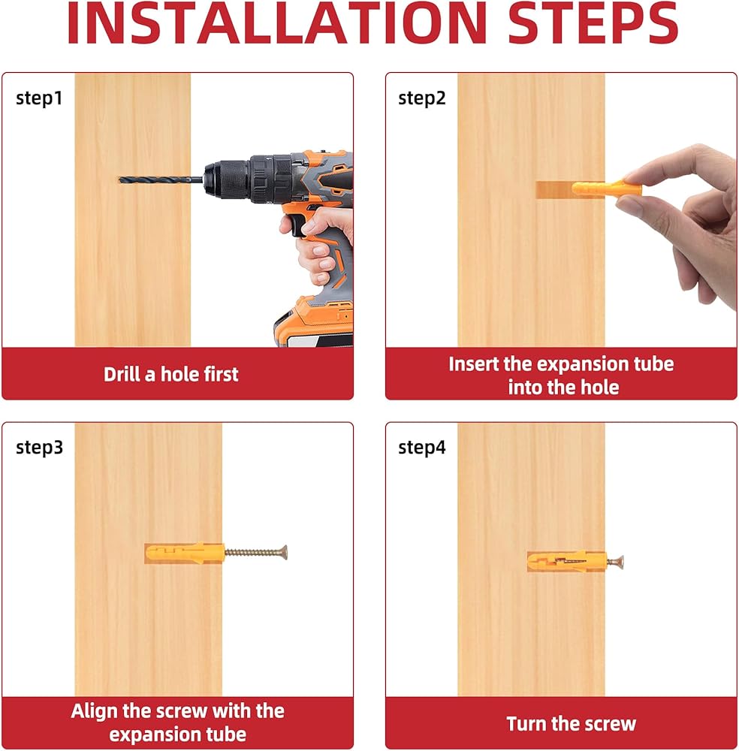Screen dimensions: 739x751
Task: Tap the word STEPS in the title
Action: (593, 23)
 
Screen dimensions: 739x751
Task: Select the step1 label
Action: (39, 98)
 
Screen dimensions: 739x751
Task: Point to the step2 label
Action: (422, 98)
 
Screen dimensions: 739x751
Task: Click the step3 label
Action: (39, 448)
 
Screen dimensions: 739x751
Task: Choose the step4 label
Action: (422, 448)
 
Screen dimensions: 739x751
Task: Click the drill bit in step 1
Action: (161, 180)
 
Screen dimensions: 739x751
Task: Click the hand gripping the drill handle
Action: (319, 244)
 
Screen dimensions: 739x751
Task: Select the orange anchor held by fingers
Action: (606, 189)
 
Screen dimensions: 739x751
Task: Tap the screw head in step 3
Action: (284, 553)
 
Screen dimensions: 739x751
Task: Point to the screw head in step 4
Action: (620, 561)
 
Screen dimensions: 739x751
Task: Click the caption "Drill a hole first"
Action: (171, 374)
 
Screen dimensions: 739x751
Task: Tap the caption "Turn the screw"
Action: (571, 724)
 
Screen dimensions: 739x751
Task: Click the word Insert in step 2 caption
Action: (473, 364)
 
